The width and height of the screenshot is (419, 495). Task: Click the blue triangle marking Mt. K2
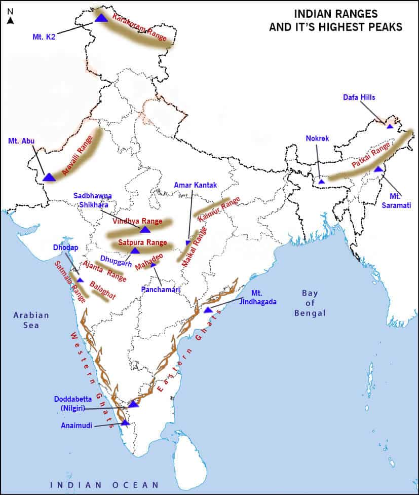coord(100,18)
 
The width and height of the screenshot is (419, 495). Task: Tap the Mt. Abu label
coord(22,140)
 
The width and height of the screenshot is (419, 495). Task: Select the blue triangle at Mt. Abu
coord(49,177)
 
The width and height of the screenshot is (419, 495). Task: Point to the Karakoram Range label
coord(139,25)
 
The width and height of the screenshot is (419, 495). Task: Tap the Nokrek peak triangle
coord(321,181)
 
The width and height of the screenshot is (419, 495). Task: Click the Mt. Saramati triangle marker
coord(378,169)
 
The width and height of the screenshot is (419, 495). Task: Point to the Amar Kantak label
coord(195,186)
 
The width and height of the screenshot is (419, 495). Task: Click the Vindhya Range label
coord(137,221)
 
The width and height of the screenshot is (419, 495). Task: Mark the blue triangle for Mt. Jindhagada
coord(207,309)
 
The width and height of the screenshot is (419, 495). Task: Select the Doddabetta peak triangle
coord(133,404)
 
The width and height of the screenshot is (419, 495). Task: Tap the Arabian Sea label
coord(31,320)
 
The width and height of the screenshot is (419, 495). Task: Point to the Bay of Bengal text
coord(310,303)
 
